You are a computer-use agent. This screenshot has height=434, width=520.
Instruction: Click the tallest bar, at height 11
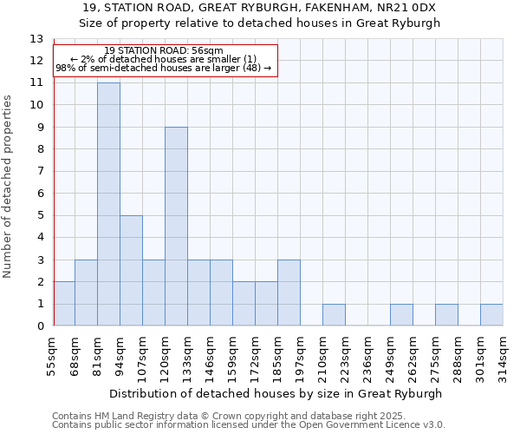click(x=108, y=204)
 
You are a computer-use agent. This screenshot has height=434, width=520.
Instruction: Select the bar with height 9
click(x=176, y=227)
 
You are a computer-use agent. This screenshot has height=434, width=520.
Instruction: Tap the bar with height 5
click(x=131, y=271)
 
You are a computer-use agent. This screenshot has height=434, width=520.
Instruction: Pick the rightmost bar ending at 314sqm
click(x=491, y=315)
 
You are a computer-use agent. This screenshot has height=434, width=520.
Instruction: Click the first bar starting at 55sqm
click(x=64, y=304)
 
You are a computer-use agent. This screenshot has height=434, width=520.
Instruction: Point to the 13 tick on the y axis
click(x=36, y=39)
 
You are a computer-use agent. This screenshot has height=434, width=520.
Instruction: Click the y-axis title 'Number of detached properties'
click(x=9, y=187)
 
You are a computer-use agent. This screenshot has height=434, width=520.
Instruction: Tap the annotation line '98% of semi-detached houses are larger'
click(x=163, y=67)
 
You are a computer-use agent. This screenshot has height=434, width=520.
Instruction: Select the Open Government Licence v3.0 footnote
click(x=249, y=425)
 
